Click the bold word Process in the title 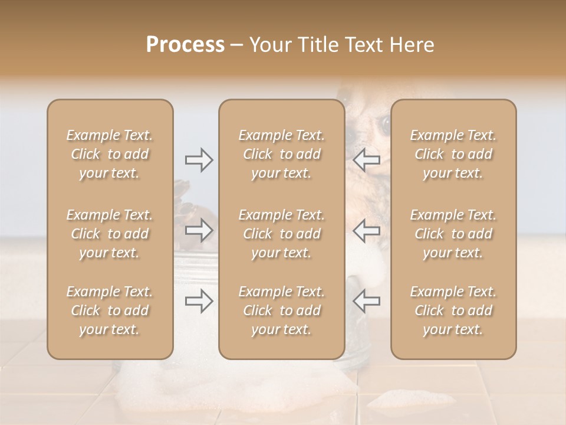(x=185, y=45)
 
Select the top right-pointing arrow (x=199, y=160)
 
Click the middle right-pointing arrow (x=199, y=231)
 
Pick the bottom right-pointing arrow (x=199, y=301)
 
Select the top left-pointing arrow (x=366, y=160)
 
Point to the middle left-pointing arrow (x=366, y=231)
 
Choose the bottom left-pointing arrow (x=366, y=301)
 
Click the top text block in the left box (x=110, y=154)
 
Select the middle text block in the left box (x=110, y=234)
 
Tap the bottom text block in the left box (x=110, y=310)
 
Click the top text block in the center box (x=282, y=154)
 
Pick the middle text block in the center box (x=282, y=234)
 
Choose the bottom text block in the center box (x=282, y=310)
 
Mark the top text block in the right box (x=453, y=154)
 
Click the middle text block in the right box (x=453, y=234)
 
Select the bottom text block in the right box (x=453, y=310)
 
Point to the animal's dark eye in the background (x=384, y=123)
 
